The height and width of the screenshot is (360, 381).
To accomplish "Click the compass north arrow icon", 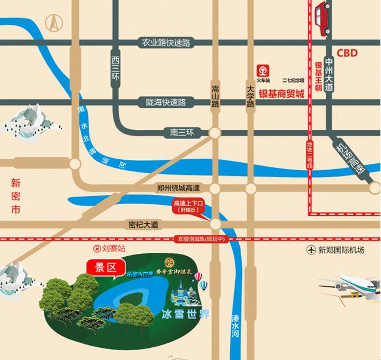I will point(56,24).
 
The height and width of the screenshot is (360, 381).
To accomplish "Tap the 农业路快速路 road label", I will point(167,43).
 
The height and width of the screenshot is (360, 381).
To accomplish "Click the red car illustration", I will point(323,20).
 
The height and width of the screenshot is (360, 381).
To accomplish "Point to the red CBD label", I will point(348,53).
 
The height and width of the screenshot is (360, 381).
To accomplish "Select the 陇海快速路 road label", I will point(166,102).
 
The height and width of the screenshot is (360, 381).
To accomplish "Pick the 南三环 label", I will point(182,133).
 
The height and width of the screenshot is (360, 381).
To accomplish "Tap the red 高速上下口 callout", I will point(188,207).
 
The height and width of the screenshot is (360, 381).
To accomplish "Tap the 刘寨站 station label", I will point(108,249).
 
